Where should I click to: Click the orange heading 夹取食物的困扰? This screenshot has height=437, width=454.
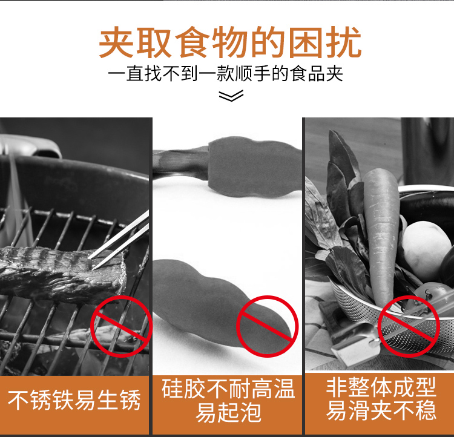click(x=230, y=42)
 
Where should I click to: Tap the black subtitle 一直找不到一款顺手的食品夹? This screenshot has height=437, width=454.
click(x=225, y=74)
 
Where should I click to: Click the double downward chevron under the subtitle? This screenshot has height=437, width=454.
click(x=231, y=96)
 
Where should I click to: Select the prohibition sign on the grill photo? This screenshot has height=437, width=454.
click(x=122, y=326)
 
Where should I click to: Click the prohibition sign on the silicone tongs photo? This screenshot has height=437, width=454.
click(x=267, y=326)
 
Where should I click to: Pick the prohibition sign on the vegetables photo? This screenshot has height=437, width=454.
click(x=409, y=326)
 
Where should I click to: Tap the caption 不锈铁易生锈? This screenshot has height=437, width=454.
click(x=74, y=400)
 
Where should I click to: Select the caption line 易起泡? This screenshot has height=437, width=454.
click(x=228, y=412)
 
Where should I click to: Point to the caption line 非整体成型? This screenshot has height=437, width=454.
click(x=381, y=387)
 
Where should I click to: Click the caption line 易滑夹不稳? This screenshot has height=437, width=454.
click(x=381, y=410)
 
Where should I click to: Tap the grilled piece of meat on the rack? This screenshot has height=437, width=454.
click(x=62, y=274)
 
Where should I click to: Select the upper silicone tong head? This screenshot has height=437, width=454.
click(x=255, y=167)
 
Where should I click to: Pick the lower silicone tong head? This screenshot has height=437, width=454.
click(x=220, y=301)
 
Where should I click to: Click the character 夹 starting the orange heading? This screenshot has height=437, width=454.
click(x=116, y=42)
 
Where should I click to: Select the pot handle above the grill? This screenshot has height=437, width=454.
click(x=30, y=146)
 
